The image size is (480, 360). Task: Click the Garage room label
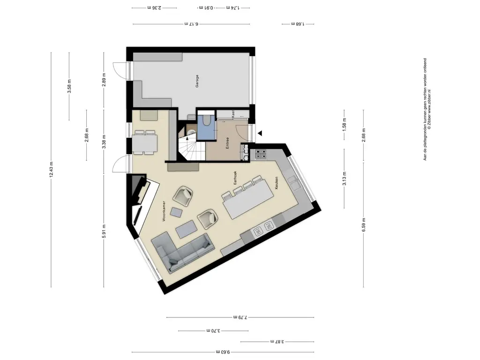[197, 82]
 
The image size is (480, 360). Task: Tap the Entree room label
[227, 143]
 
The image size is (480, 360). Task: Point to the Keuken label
[277, 182]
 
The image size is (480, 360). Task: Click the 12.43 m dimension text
[51, 169]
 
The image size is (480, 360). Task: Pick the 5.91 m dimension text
[104, 231]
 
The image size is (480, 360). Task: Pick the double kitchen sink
[263, 229]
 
